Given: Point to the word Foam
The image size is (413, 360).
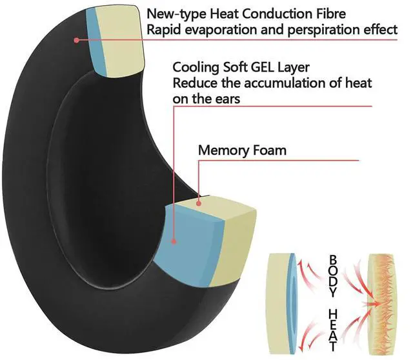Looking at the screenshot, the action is click(x=268, y=151).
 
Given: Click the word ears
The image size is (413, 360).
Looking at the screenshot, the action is click(x=223, y=99).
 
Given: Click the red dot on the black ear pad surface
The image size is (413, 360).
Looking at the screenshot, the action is click(x=76, y=40).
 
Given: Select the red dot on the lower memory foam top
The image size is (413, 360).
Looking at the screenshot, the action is click(x=199, y=204).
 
